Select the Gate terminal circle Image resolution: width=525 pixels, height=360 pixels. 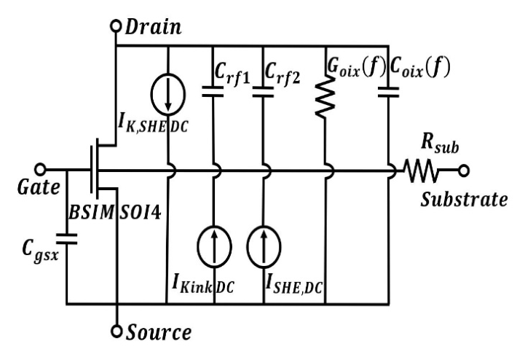pos(40,170)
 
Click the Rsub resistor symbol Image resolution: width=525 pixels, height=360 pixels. pos(421,171)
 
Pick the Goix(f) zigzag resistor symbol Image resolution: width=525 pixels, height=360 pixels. pos(325,96)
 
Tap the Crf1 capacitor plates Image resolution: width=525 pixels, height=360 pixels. pos(213,92)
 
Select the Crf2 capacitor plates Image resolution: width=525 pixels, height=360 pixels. pos(263,92)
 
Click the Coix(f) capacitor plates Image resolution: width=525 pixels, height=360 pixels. pos(388,92)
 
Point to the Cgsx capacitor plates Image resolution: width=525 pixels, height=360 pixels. pos(67,239)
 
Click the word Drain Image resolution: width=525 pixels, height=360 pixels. pos(153,27)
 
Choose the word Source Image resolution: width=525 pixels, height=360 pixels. pos(158,332)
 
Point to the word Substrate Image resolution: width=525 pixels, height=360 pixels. pos(464,200)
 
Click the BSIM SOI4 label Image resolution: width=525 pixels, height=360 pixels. pos(114,213)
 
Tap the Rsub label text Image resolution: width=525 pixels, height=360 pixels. pos(440,144)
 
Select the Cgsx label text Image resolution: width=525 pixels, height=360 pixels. pos(41,251)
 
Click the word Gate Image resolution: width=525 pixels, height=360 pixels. pos(39,187)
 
